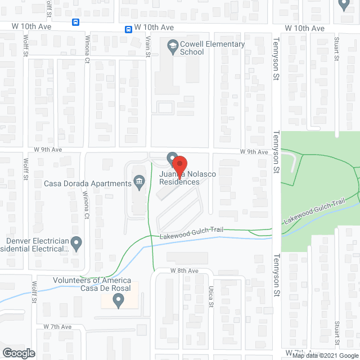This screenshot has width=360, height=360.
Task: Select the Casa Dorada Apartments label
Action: (x=88, y=183)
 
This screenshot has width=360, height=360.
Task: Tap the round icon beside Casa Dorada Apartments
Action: (x=138, y=181)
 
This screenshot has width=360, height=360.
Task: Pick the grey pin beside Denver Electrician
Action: (x=76, y=244)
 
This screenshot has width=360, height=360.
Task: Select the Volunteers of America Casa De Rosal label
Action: (x=92, y=284)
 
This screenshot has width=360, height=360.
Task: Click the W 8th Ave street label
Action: (x=185, y=271)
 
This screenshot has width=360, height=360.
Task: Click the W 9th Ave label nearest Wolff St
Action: (x=47, y=150)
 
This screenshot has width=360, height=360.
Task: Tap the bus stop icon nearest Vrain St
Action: (x=129, y=28)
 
